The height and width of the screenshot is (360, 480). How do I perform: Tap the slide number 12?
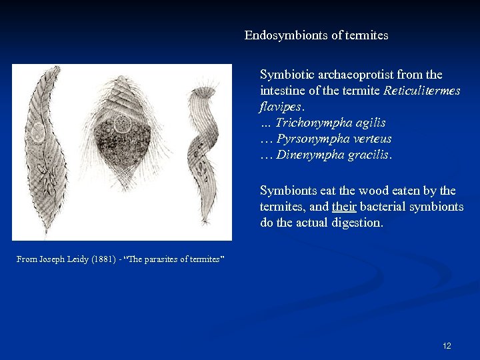click(447, 345)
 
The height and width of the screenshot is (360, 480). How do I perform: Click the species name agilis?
click(367, 123)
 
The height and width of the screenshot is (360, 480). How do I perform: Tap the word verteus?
click(369, 139)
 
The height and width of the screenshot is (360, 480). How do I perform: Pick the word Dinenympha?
click(307, 155)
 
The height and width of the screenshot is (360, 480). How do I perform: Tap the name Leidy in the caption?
click(67, 259)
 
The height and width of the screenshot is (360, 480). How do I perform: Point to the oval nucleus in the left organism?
click(38, 131)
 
